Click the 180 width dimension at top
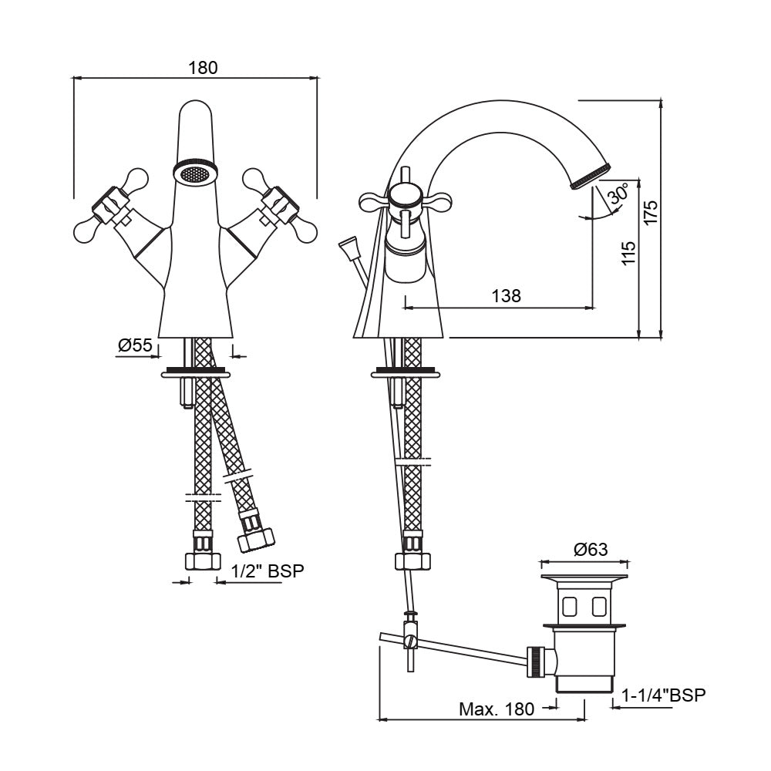pyautogui.click(x=204, y=68)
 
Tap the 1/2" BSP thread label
pyautogui.click(x=268, y=571)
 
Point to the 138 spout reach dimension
pyautogui.click(x=505, y=295)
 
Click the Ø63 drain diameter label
pyautogui.click(x=591, y=550)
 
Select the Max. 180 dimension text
pyautogui.click(x=496, y=709)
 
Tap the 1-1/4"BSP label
pyautogui.click(x=664, y=695)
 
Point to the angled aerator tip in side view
pyautogui.click(x=590, y=176)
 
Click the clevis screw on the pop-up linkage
pyautogui.click(x=411, y=640)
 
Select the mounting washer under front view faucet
pyautogui.click(x=195, y=375)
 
